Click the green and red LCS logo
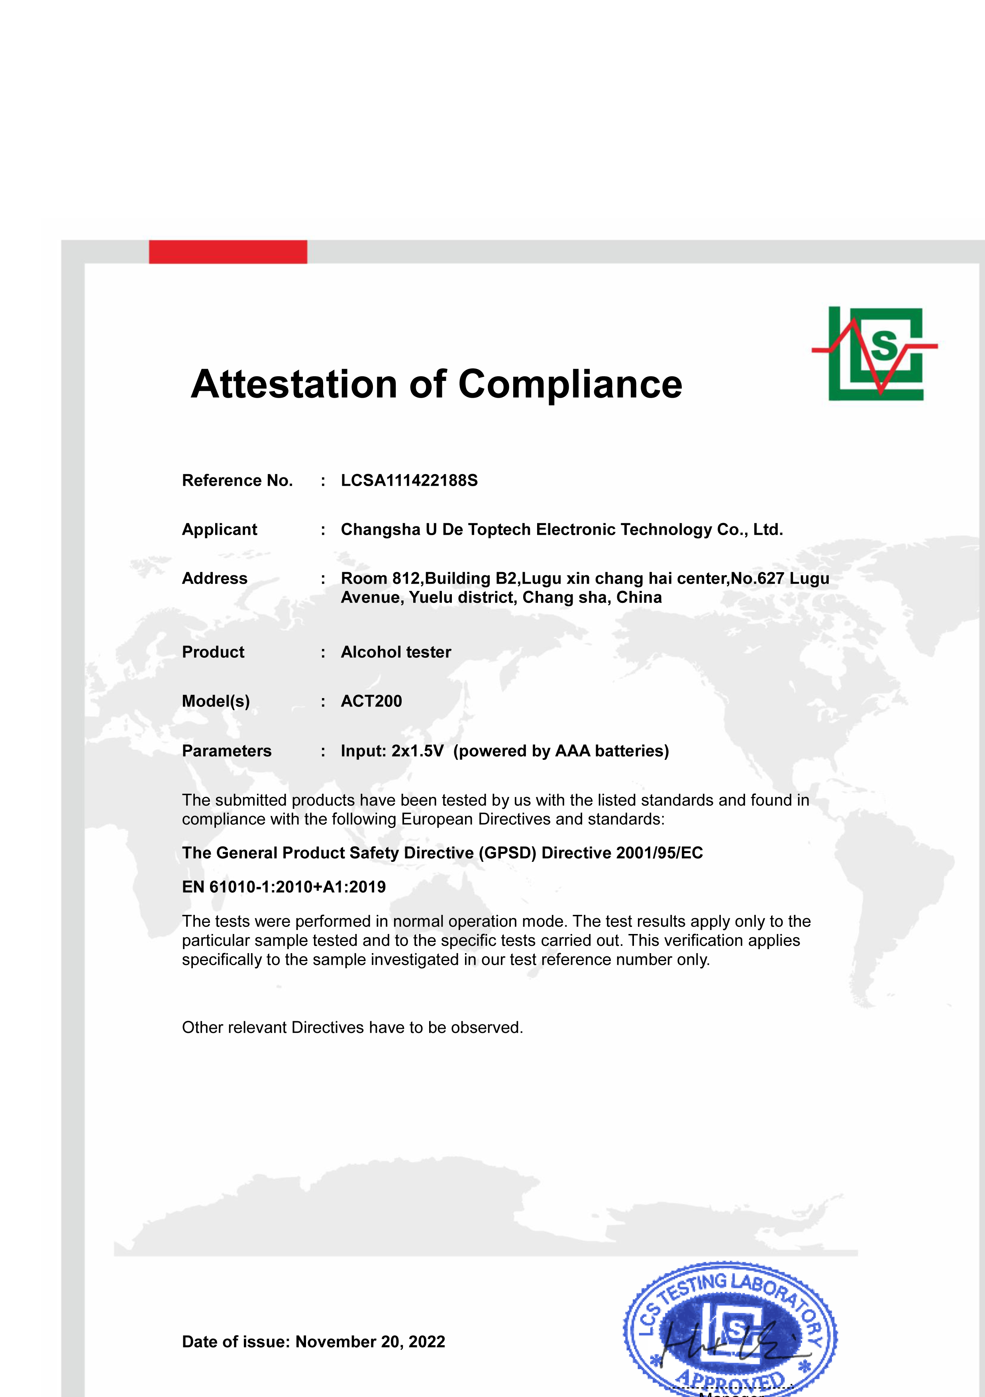[x=875, y=353]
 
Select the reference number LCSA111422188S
[x=409, y=481]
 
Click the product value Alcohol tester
[x=395, y=652]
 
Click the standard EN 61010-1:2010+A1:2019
[x=284, y=887]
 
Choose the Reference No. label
[x=237, y=481]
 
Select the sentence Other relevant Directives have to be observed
[x=352, y=1028]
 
